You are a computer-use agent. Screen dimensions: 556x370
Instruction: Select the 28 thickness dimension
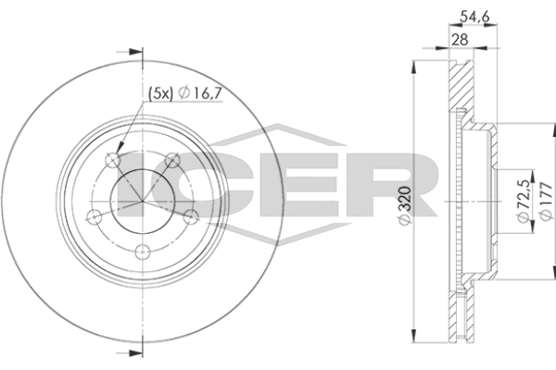click(460, 39)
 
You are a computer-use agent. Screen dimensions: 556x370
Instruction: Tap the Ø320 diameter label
click(405, 204)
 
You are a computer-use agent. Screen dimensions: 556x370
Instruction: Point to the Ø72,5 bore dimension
click(524, 201)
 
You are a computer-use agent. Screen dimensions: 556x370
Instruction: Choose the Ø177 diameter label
click(546, 202)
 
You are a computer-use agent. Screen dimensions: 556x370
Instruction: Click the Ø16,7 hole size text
click(200, 93)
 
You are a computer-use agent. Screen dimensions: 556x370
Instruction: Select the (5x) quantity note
click(160, 93)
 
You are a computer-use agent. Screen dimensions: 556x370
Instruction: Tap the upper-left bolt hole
click(113, 160)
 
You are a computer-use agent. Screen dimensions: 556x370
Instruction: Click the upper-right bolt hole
click(172, 160)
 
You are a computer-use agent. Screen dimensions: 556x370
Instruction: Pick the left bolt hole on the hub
click(95, 216)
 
